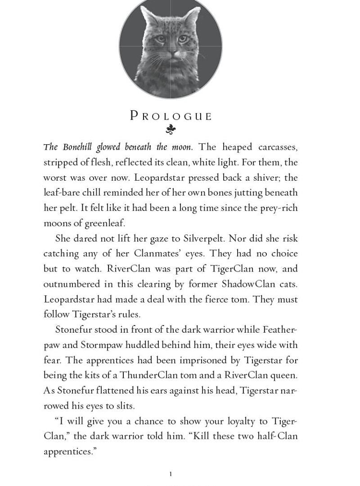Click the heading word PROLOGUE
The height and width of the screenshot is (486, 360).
(171, 116)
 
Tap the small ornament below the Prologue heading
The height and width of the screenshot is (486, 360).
(171, 130)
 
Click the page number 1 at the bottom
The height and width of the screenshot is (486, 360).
(171, 474)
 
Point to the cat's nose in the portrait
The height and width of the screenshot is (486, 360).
(171, 53)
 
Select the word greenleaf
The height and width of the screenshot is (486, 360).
(103, 223)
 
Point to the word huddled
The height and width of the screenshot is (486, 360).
(144, 345)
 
